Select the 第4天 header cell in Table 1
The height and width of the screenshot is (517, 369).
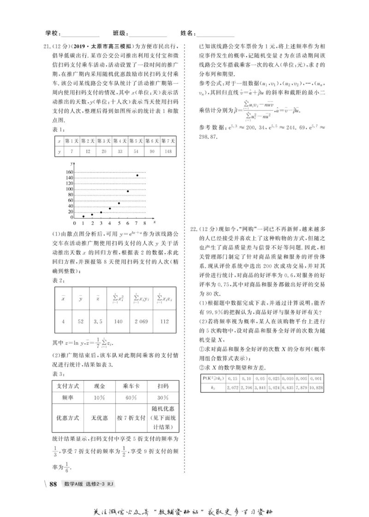(x=120, y=141)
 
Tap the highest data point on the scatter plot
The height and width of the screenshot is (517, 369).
(x=137, y=175)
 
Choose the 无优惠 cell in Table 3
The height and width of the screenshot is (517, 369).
(x=99, y=418)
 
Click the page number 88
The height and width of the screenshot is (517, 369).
(x=53, y=484)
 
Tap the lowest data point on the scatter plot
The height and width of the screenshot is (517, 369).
(x=83, y=216)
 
